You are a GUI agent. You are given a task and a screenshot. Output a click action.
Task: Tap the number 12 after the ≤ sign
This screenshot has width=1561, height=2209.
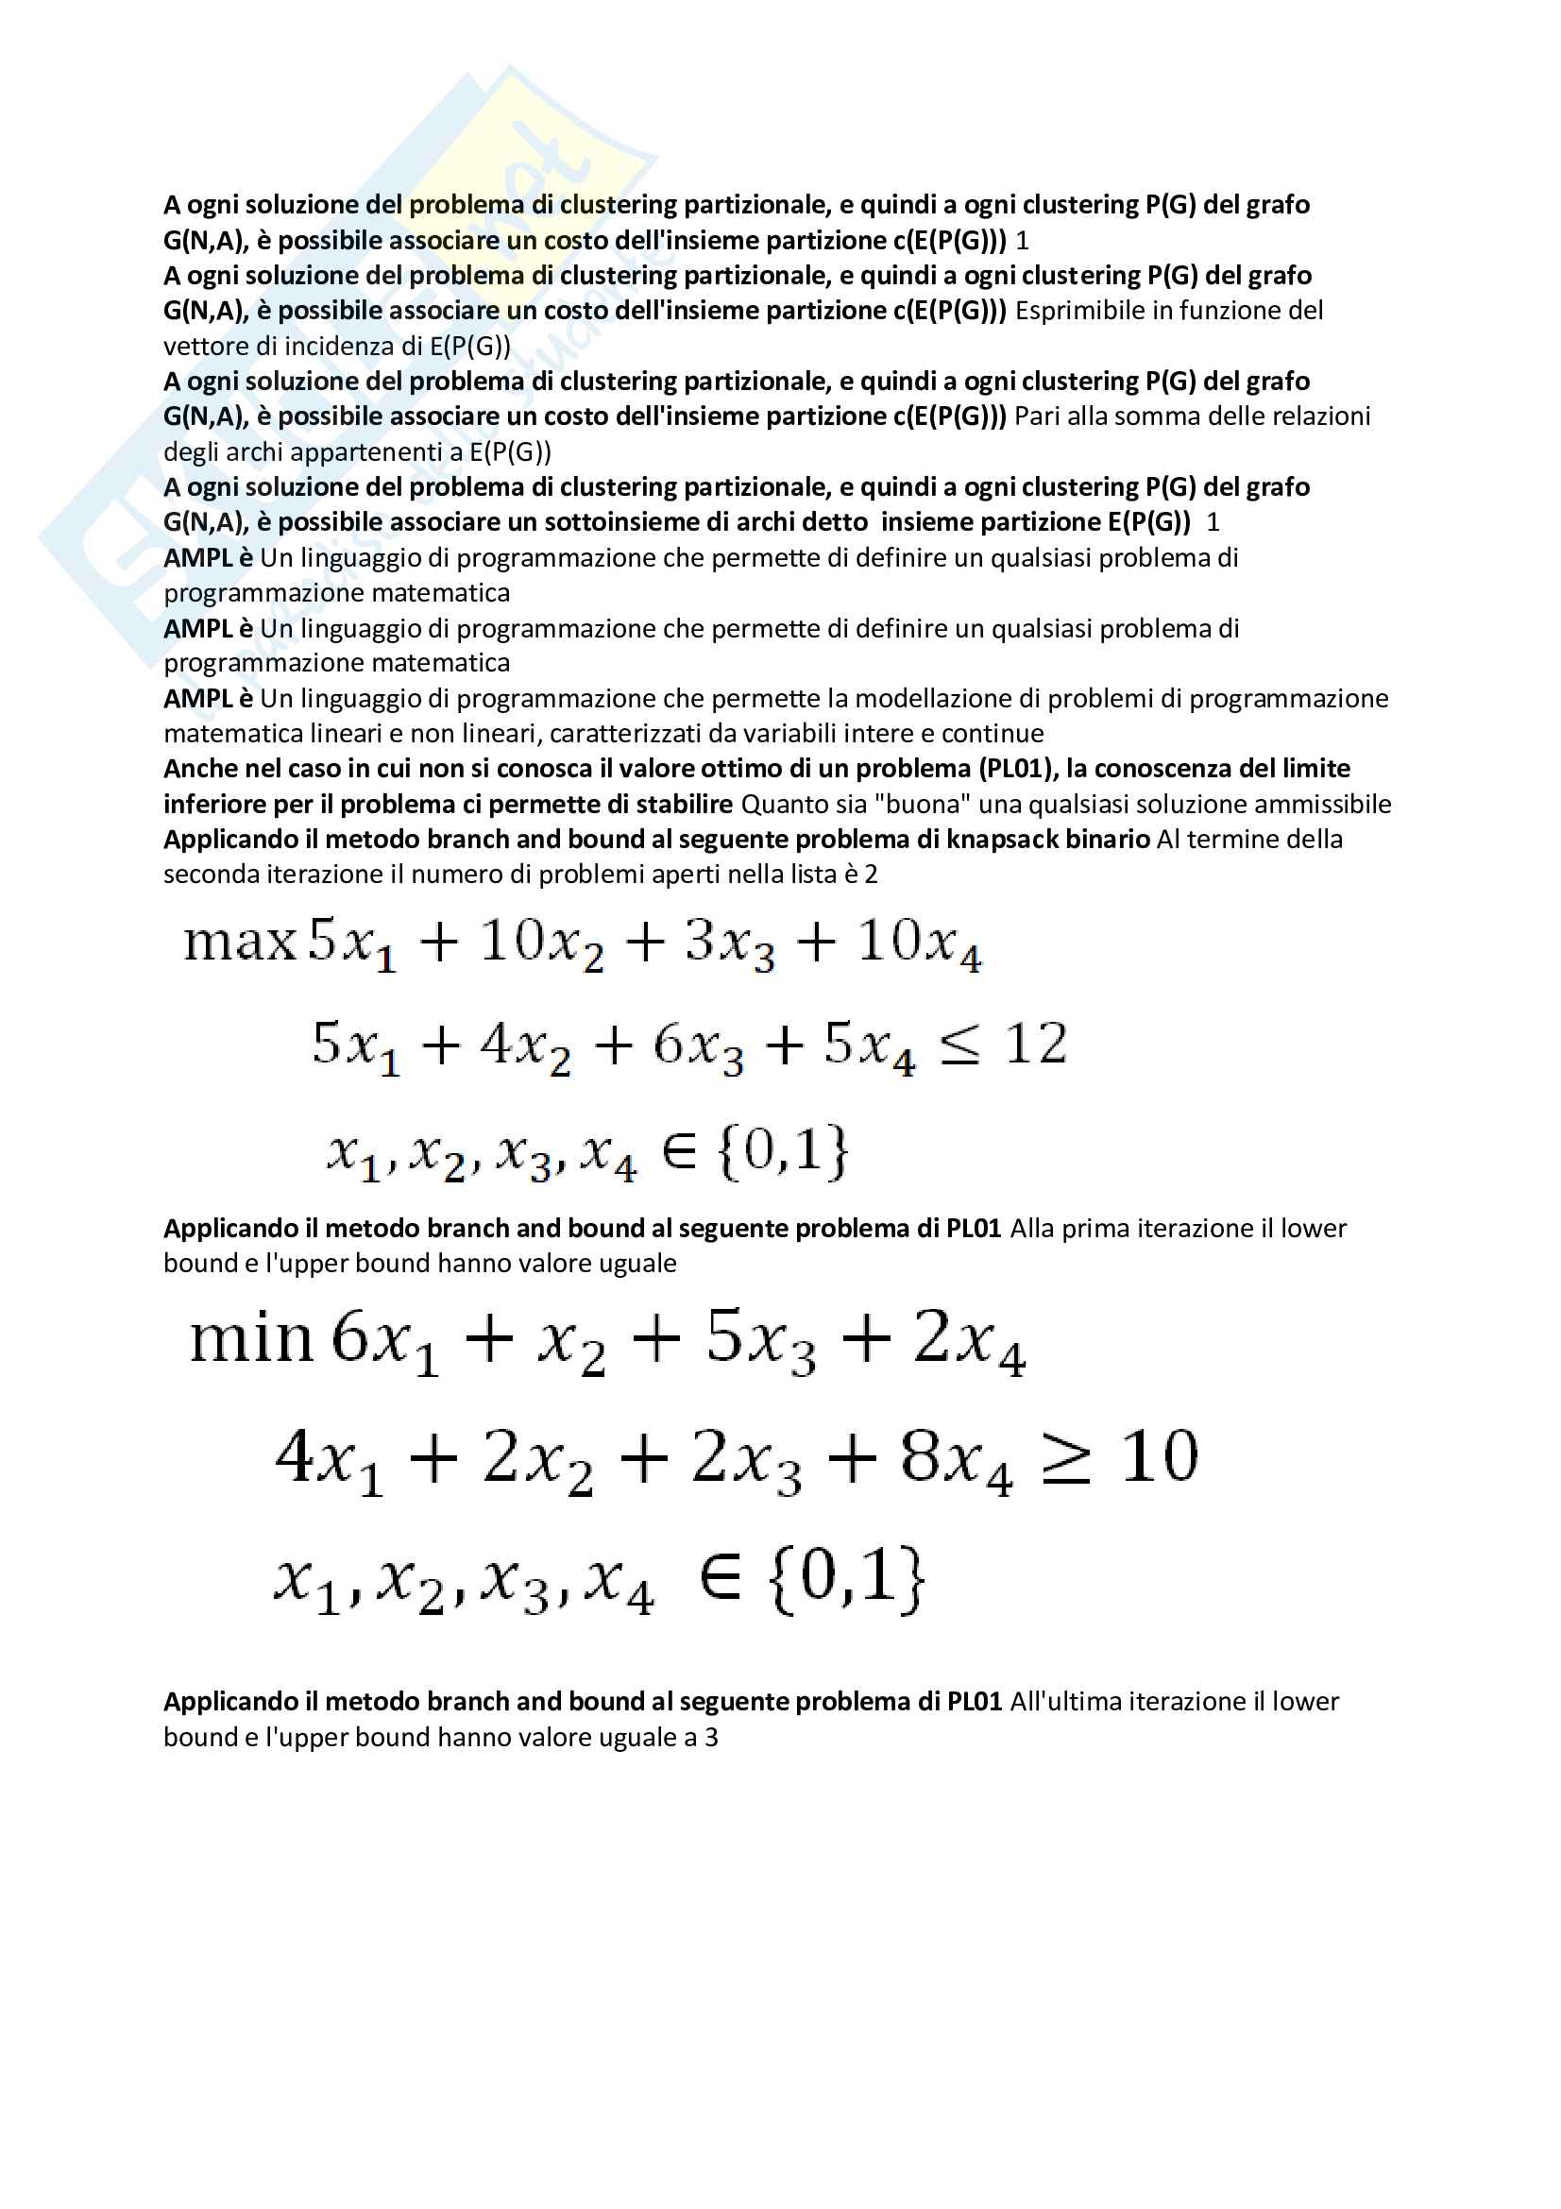pos(1036,1044)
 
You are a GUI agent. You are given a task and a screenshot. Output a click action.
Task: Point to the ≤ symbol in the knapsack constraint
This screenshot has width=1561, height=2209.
pos(959,1046)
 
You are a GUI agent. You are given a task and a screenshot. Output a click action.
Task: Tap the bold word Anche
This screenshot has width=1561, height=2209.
pos(196,769)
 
